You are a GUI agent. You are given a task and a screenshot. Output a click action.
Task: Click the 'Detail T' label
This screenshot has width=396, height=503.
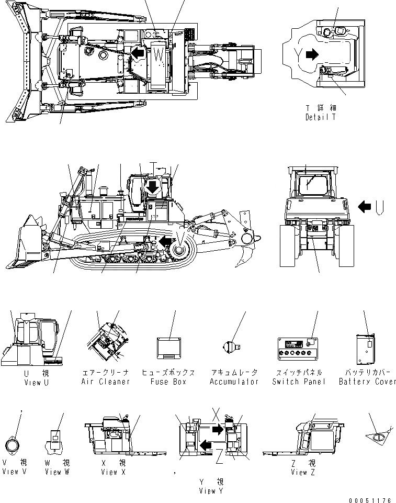pos(320,117)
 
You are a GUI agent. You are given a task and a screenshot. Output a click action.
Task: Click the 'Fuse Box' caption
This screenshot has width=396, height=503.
pos(168,382)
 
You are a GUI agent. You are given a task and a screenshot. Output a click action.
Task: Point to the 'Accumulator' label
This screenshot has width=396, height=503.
pos(234,382)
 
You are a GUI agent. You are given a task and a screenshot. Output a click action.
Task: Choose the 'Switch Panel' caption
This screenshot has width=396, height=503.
pos(299,382)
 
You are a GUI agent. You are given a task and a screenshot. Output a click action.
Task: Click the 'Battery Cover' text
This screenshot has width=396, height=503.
pos(367,382)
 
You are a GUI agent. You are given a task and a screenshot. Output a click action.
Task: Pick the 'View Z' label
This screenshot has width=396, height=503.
pos(304,472)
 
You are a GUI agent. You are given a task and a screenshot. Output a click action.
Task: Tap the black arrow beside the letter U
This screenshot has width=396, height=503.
pos(364,207)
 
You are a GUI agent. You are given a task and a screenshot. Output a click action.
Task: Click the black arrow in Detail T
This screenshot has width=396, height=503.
pos(311,53)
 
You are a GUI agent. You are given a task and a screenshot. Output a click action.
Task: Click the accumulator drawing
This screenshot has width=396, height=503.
pos(230,346)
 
